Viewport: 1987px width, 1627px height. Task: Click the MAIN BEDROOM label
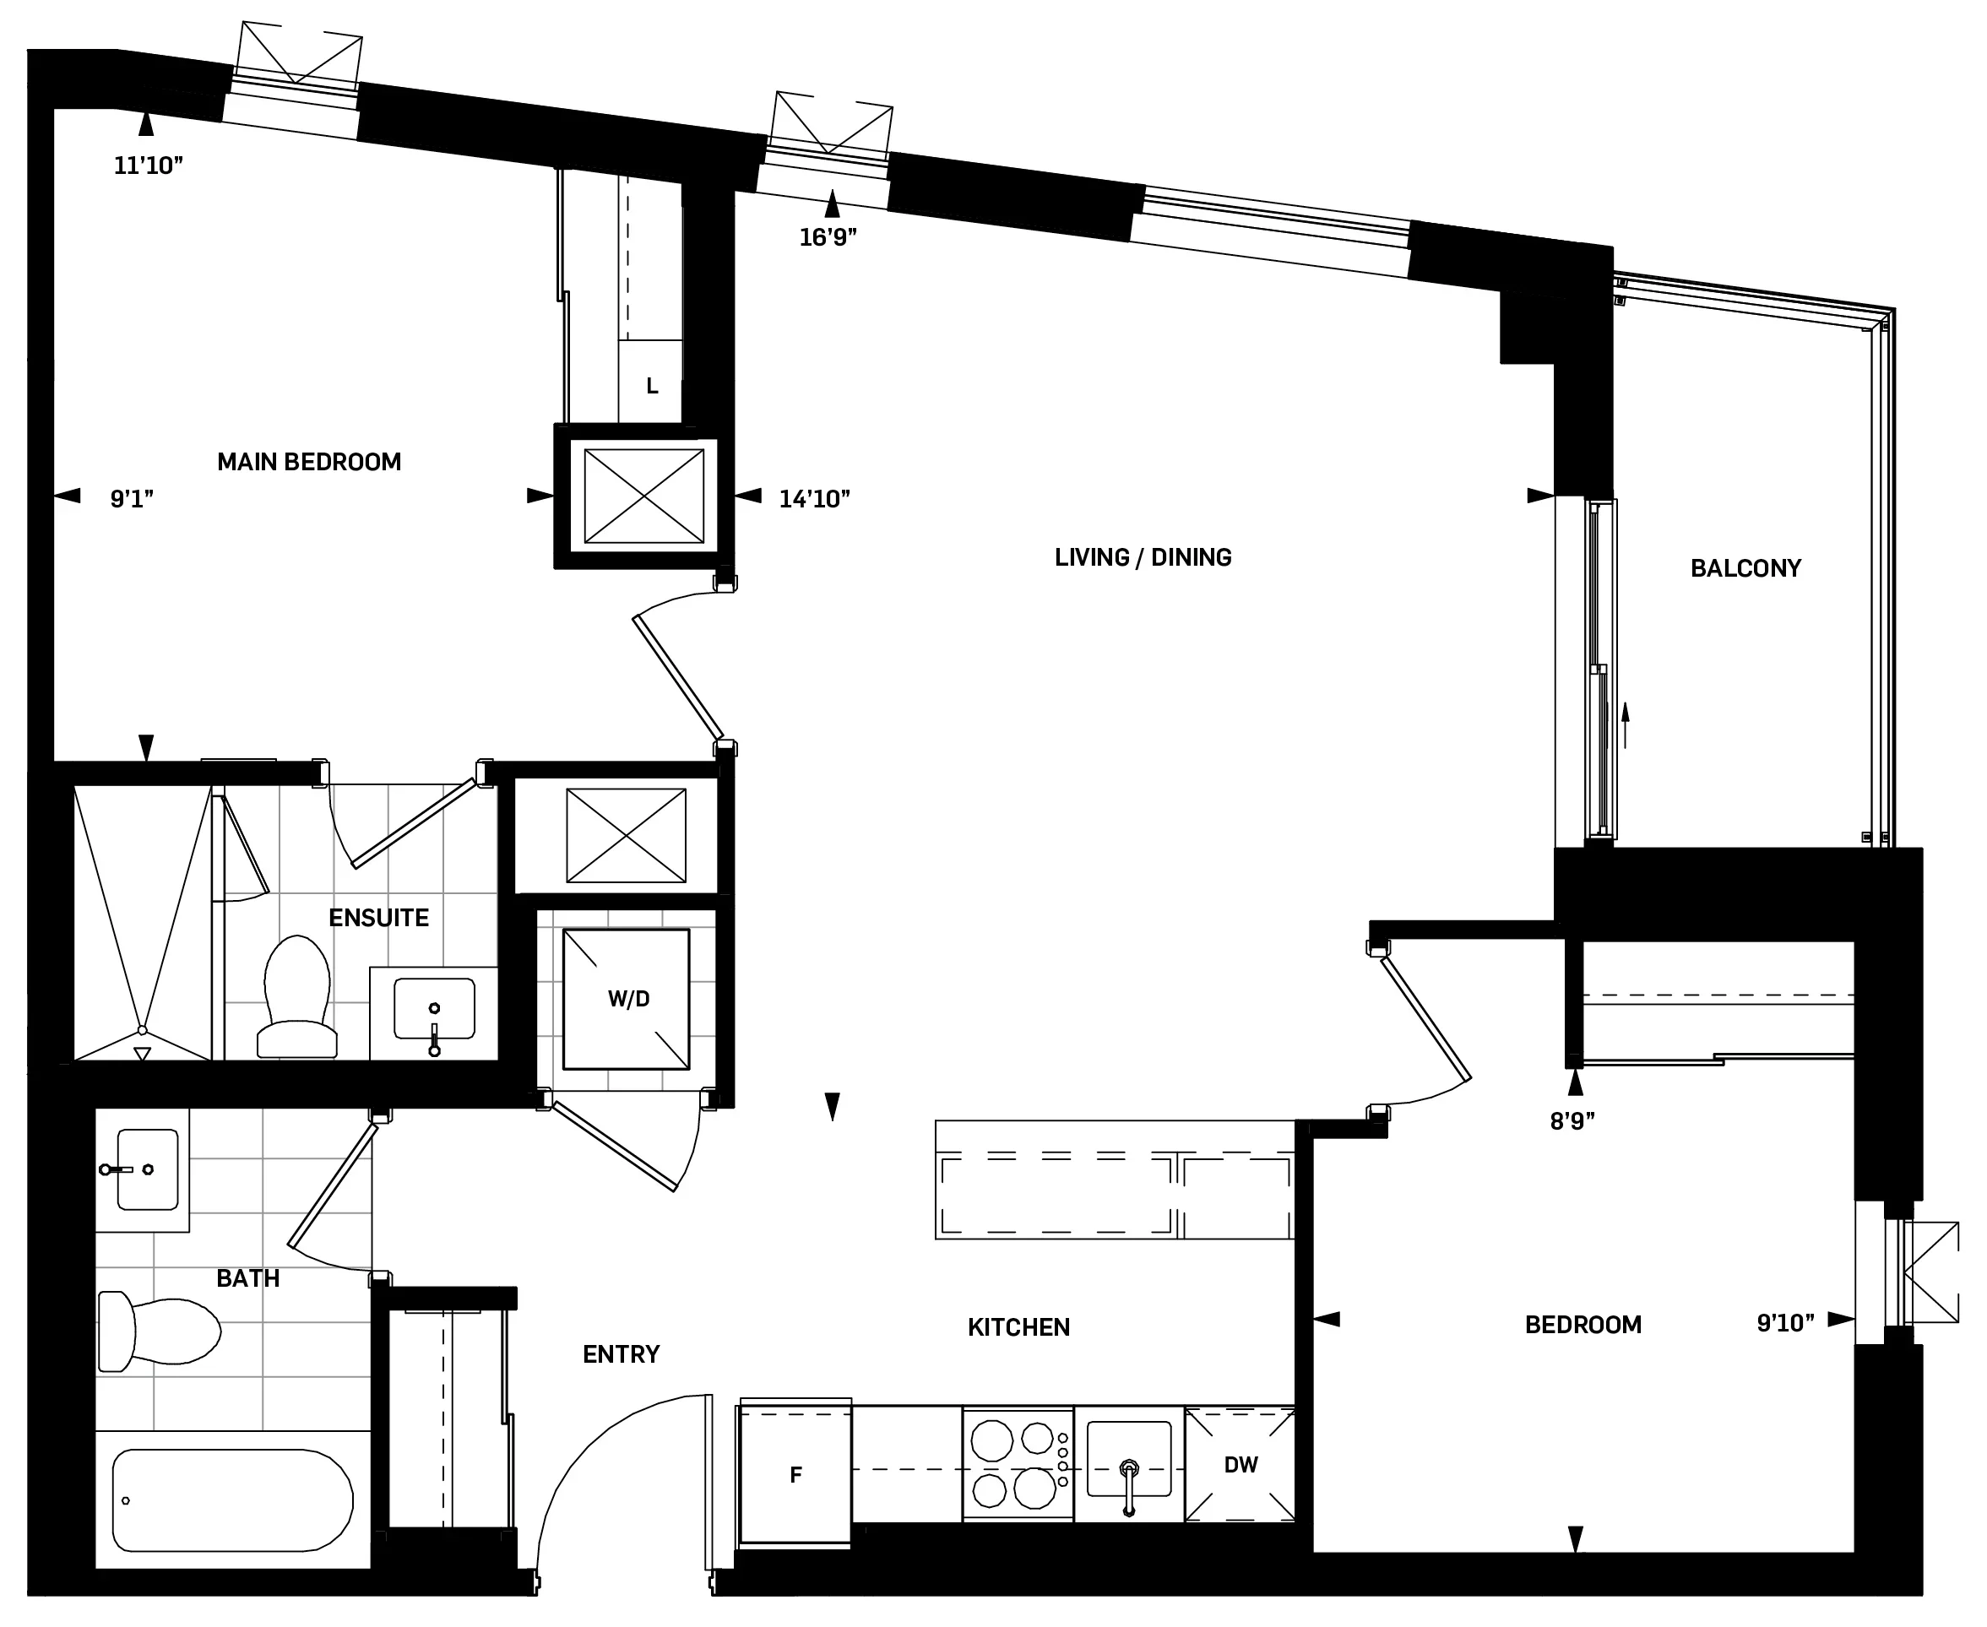[308, 462]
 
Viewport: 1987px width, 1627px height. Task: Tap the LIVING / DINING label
[1143, 557]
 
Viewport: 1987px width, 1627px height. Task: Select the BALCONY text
[1745, 569]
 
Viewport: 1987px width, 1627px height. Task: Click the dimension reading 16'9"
[828, 238]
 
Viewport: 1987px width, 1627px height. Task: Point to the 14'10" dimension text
[813, 499]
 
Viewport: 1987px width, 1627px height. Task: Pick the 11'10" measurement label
[148, 165]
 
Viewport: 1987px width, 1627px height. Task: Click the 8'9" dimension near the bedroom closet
[1572, 1122]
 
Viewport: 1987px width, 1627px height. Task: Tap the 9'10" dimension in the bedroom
[1784, 1323]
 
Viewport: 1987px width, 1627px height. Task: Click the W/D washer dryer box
[626, 999]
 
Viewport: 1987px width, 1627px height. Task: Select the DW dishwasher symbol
[1239, 1465]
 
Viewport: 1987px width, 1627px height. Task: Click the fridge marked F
[795, 1475]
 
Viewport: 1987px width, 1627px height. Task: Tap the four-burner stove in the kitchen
[1017, 1464]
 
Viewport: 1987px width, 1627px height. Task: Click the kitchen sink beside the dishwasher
[1128, 1460]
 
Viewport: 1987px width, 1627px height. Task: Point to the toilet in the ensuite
[297, 998]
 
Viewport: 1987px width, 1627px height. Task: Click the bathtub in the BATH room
[232, 1500]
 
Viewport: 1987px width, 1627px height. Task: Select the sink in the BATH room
[146, 1169]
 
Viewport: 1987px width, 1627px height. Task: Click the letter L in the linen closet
[651, 386]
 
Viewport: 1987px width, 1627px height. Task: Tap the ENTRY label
[621, 1354]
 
